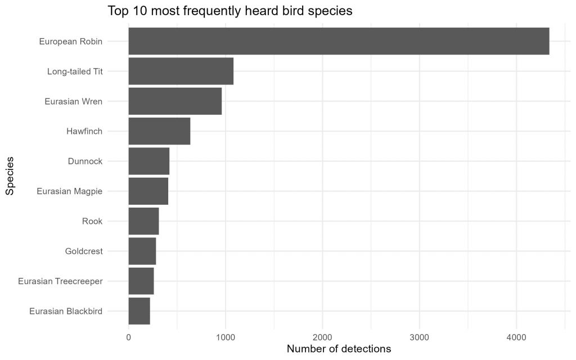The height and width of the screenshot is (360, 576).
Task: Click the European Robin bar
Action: pyautogui.click(x=339, y=41)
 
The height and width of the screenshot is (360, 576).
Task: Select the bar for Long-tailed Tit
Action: pyautogui.click(x=181, y=71)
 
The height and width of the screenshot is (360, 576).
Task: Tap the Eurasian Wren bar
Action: pyautogui.click(x=175, y=101)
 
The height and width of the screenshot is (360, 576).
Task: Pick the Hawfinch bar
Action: pyautogui.click(x=159, y=131)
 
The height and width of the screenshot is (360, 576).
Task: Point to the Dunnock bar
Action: pyautogui.click(x=148, y=161)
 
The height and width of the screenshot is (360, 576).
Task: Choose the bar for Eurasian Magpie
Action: pyautogui.click(x=148, y=191)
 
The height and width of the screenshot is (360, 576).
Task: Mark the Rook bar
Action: pyautogui.click(x=143, y=221)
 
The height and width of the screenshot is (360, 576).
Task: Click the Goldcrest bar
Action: pyautogui.click(x=142, y=251)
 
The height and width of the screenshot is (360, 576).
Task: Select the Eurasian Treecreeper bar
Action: pyautogui.click(x=141, y=281)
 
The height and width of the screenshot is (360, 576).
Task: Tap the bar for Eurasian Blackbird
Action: pyautogui.click(x=139, y=310)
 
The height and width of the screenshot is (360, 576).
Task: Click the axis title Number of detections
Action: pyautogui.click(x=339, y=349)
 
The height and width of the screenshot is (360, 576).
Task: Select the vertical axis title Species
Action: pyautogui.click(x=10, y=176)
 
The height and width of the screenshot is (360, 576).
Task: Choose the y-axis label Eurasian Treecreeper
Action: pyautogui.click(x=60, y=281)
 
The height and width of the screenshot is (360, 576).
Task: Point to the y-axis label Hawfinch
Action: pyautogui.click(x=84, y=131)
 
